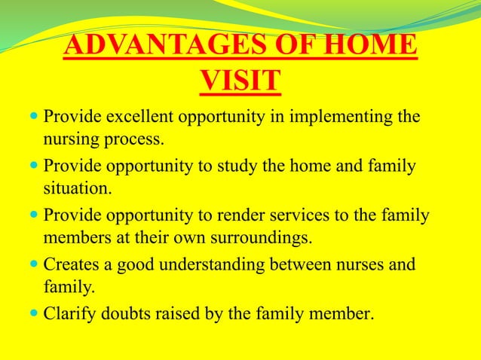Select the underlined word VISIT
point(240,81)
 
